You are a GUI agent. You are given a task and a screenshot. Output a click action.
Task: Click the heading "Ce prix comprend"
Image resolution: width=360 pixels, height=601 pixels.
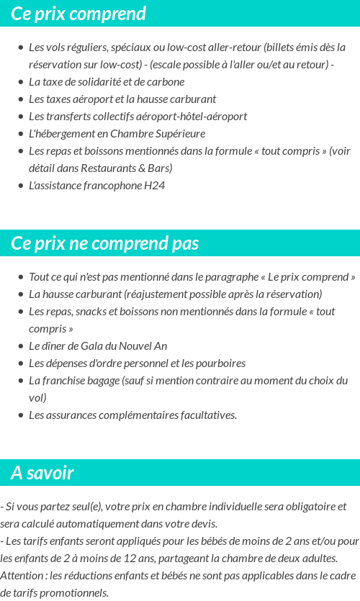tap(78, 14)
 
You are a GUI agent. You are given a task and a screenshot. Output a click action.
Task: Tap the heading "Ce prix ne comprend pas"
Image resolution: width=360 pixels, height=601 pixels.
tap(104, 243)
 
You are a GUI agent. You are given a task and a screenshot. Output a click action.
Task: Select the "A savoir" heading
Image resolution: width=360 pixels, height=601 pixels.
tap(42, 473)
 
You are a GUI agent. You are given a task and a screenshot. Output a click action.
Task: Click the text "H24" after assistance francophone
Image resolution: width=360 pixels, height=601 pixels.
tap(155, 186)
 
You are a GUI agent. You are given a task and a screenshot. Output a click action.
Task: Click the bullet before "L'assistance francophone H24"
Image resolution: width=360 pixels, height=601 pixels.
tap(20, 186)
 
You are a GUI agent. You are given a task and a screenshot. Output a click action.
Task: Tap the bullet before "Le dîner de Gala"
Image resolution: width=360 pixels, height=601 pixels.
tap(20, 346)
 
